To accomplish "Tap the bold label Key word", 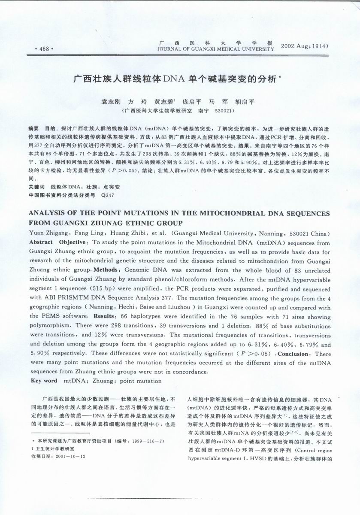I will (45, 381).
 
